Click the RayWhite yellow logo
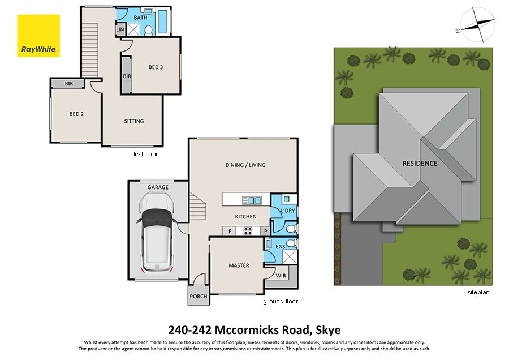coord(38,36)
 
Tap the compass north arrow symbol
coord(476,25)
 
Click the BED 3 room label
coord(156,67)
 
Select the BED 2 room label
coord(76,114)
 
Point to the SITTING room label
coord(134,121)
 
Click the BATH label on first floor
coord(140,18)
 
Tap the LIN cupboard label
coord(120,29)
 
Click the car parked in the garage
coord(156,232)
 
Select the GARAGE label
coord(157,187)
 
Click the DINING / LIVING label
coord(245,165)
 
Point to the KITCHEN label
coord(245,217)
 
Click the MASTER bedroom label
coord(239,265)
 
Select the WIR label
coord(281,275)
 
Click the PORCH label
coord(199,296)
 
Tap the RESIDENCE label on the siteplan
coord(419,164)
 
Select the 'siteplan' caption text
coord(478,293)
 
